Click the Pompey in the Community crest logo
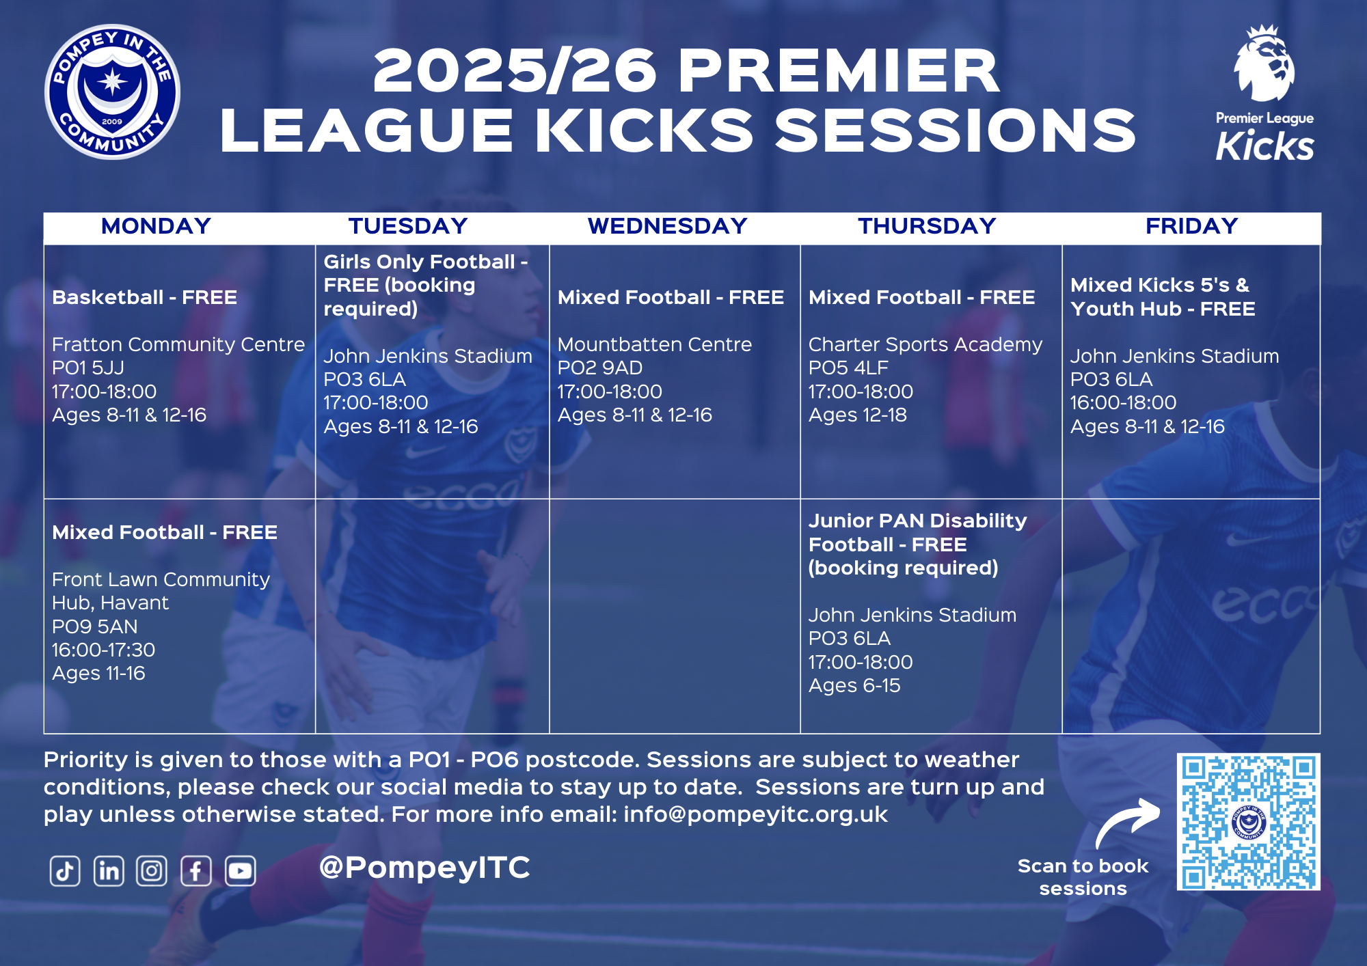click(x=112, y=92)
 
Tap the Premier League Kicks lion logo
click(x=1264, y=94)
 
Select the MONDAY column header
click(x=156, y=226)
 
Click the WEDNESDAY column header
click(x=667, y=226)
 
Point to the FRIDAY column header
click(x=1191, y=226)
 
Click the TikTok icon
click(x=65, y=871)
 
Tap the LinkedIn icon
click(x=109, y=871)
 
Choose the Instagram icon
click(x=152, y=871)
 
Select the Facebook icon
click(x=196, y=871)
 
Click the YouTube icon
click(x=241, y=871)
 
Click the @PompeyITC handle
click(x=424, y=868)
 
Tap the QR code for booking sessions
click(x=1248, y=822)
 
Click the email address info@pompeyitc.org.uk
click(x=755, y=814)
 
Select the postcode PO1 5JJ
click(x=88, y=368)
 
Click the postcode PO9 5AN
click(x=95, y=626)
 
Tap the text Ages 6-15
click(x=854, y=686)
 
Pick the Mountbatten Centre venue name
click(x=655, y=344)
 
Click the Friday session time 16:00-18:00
click(x=1123, y=403)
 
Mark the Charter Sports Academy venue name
click(x=925, y=345)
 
